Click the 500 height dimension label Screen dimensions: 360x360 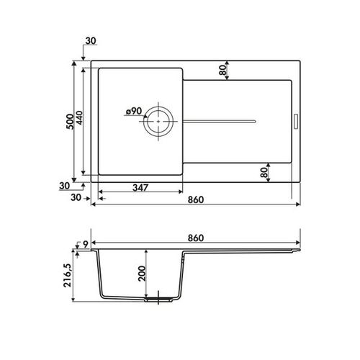[70, 122]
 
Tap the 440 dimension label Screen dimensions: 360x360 [79, 117]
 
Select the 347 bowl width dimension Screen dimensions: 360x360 [140, 187]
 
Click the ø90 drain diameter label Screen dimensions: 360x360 [134, 111]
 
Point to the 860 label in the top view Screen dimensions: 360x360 [196, 199]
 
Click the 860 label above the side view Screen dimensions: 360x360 [196, 238]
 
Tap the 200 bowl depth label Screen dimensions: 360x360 [142, 274]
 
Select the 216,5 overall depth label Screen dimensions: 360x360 [68, 275]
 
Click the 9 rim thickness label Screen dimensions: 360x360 [86, 244]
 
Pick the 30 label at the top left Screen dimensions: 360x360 [91, 41]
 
